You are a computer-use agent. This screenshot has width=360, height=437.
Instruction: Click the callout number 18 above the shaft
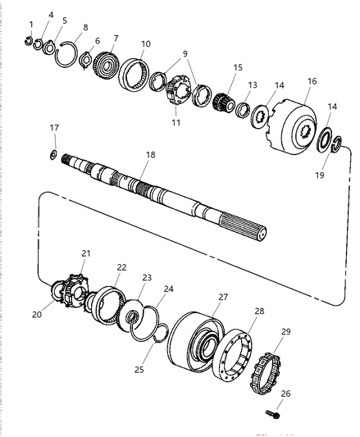151,155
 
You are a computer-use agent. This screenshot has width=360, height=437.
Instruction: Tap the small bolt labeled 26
273,414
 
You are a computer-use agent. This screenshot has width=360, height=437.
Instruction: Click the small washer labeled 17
53,154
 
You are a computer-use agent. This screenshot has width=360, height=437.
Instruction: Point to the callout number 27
223,297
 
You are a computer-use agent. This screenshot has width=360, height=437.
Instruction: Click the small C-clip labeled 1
28,41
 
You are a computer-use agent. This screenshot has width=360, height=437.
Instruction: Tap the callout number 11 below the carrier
176,122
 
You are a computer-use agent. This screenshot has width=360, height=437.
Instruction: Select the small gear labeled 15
224,102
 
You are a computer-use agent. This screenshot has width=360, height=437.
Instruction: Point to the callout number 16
312,81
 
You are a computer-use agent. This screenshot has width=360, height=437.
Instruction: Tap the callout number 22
121,267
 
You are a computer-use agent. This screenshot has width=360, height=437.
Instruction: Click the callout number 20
37,314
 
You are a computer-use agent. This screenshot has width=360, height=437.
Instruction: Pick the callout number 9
185,53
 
